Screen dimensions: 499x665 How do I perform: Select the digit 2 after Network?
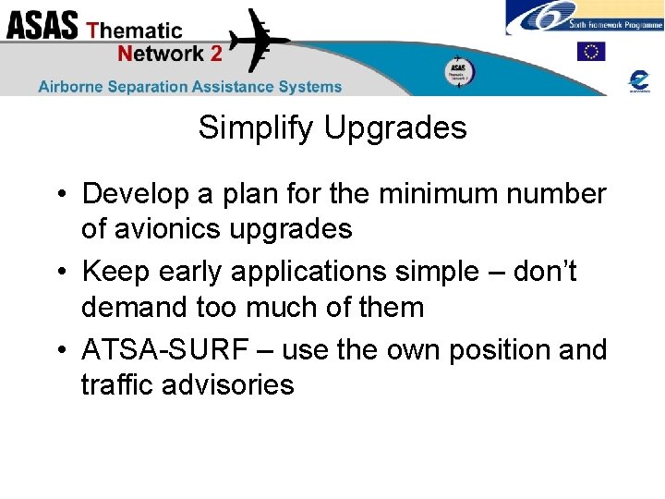coord(216,54)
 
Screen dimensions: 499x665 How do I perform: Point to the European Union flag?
coord(590,52)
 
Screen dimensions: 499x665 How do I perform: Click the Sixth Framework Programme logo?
coord(584,18)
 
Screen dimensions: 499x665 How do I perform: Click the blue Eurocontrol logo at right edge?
coord(638,80)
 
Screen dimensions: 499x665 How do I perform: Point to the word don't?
coord(544,272)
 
